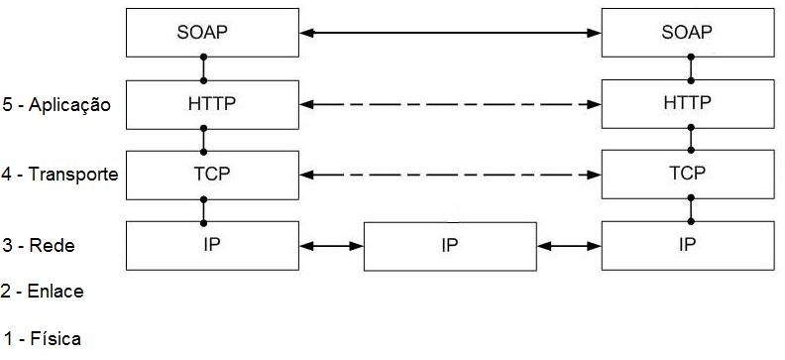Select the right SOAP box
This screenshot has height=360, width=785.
[x=686, y=33]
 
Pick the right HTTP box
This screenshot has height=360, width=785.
[x=686, y=104]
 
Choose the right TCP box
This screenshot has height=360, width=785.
[x=686, y=175]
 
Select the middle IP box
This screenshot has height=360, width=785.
[x=449, y=246]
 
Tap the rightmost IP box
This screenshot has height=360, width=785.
[x=686, y=244]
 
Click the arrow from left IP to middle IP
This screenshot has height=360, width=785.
[x=330, y=245]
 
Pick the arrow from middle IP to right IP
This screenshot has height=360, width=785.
[x=568, y=245]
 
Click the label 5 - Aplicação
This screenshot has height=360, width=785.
[x=56, y=105]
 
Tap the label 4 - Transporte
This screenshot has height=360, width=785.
[x=59, y=175]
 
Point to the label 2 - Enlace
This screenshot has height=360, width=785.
[x=43, y=292]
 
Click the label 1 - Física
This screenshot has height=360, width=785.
[x=43, y=338]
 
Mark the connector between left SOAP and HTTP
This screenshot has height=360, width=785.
[x=203, y=68]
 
